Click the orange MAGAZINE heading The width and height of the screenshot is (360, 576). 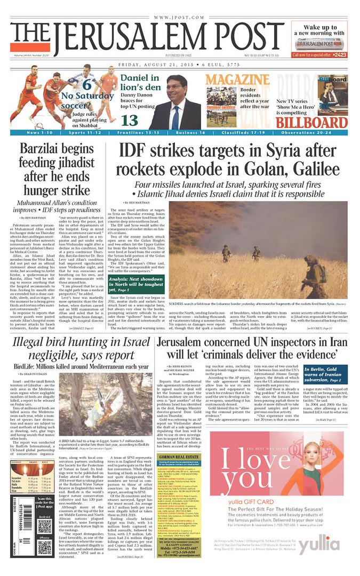230,80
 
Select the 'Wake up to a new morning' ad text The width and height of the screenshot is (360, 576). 319,30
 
